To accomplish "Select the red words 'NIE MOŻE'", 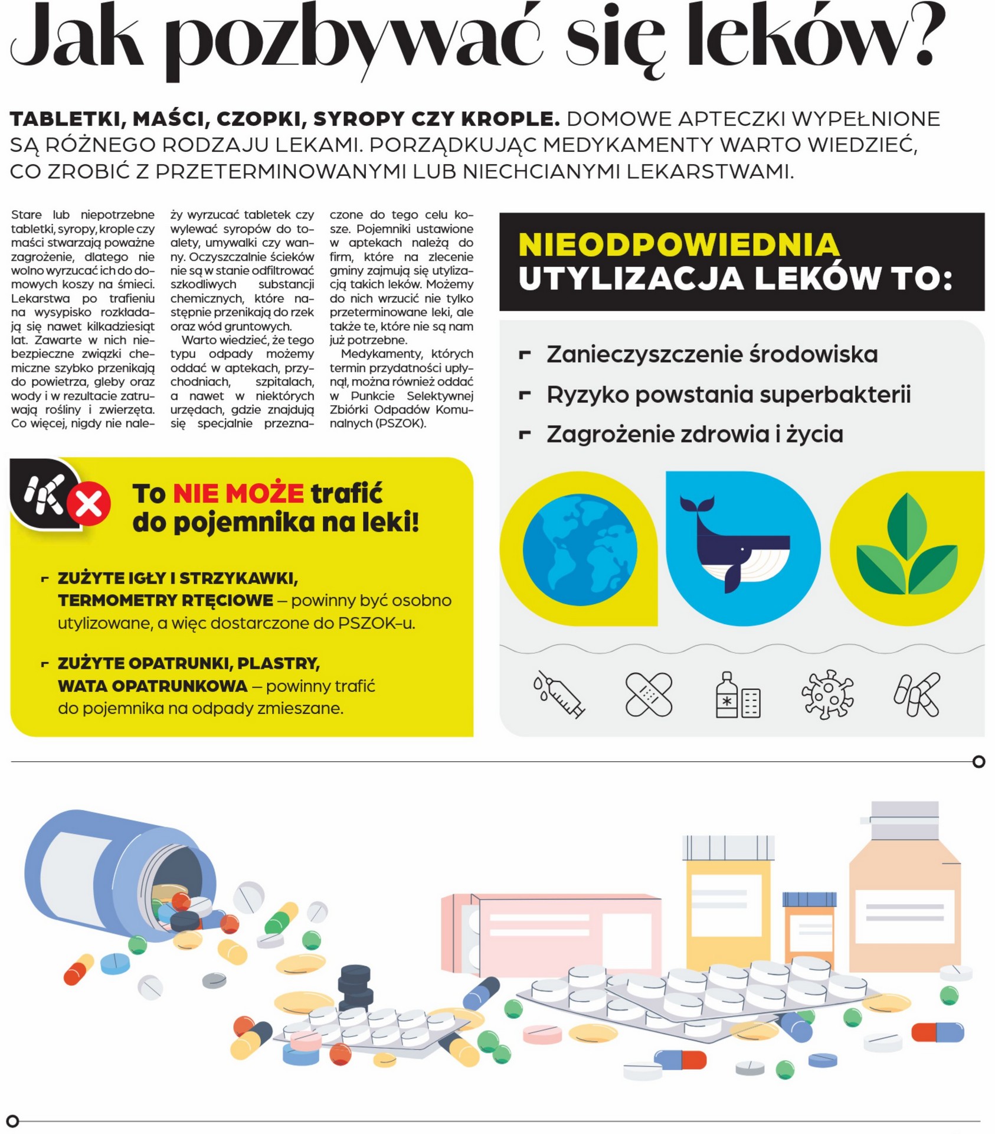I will [x=238, y=493].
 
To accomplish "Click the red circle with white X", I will [x=89, y=504].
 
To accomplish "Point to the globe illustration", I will [x=580, y=549].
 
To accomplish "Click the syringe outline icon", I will [x=558, y=693].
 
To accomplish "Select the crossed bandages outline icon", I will [x=649, y=694].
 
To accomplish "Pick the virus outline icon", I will [x=827, y=694].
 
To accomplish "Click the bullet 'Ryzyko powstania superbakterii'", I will [x=728, y=395].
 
